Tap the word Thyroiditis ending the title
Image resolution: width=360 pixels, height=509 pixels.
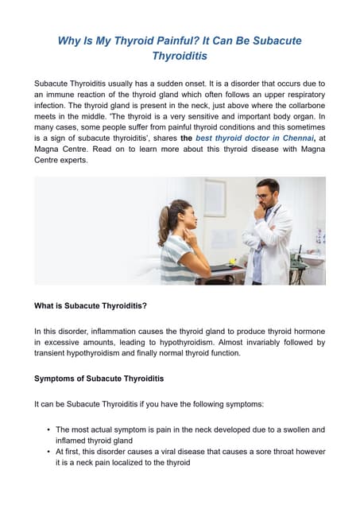pos(180,56)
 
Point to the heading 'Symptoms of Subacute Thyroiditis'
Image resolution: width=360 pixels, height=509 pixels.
pos(99,378)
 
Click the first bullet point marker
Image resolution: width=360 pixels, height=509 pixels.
pos(49,429)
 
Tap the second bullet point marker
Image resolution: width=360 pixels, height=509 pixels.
pos(49,451)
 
